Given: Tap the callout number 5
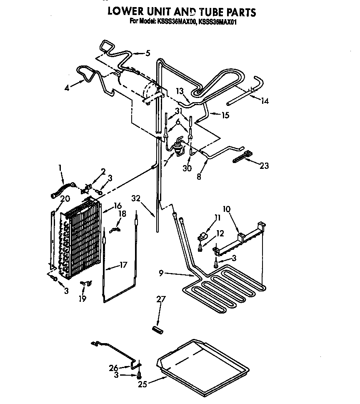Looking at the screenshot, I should pos(147,53).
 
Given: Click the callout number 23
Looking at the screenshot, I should pos(264,166).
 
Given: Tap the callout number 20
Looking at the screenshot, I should pos(65,199).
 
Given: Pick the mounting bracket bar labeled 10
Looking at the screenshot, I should pos(240,244).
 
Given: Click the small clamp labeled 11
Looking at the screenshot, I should pos(202,236).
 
